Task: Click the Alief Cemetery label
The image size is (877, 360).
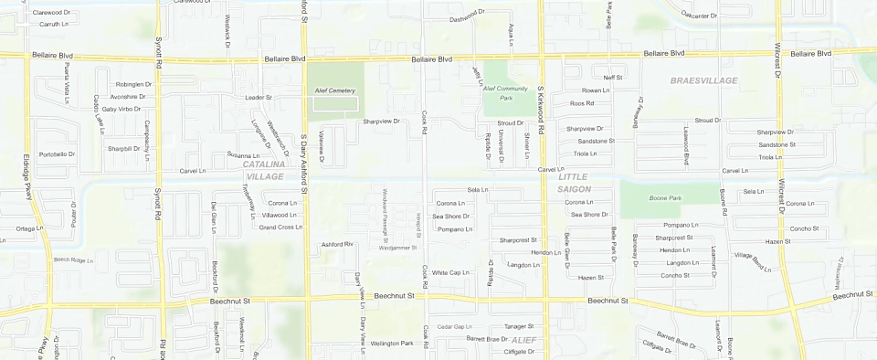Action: click(x=335, y=91)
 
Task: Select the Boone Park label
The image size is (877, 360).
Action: click(x=665, y=197)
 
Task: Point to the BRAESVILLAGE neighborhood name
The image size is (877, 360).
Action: click(x=703, y=80)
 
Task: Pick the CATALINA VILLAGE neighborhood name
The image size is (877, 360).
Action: click(x=265, y=169)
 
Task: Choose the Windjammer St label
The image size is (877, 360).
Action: click(x=396, y=248)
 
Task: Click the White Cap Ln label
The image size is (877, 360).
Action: click(x=450, y=272)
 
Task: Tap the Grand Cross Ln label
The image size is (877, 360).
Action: click(x=280, y=227)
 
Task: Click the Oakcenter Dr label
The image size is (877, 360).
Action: click(x=696, y=15)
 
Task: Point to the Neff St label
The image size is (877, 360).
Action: click(x=612, y=78)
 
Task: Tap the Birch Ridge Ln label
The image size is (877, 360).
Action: click(x=74, y=260)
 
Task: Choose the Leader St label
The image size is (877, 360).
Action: click(x=259, y=97)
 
